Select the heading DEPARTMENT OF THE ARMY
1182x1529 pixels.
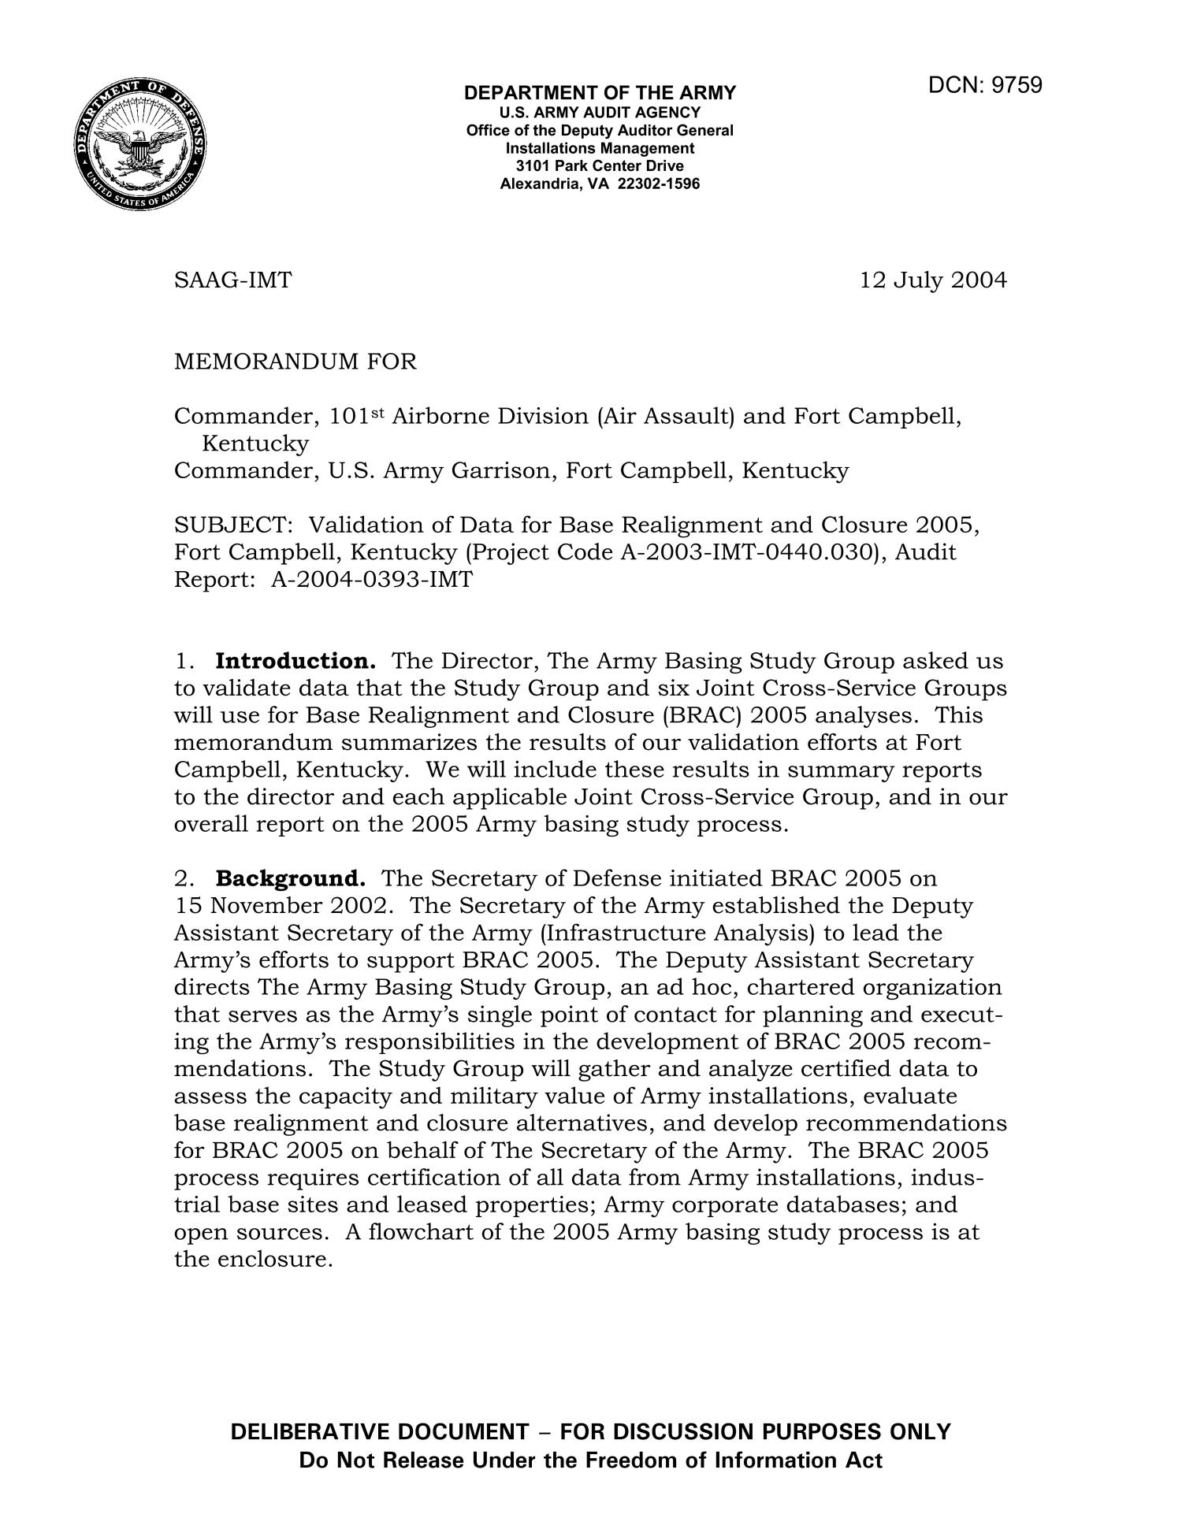tap(600, 94)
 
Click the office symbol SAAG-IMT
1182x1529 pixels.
tap(232, 280)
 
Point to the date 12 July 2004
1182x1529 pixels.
tap(933, 280)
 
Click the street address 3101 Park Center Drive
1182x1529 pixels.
tap(600, 166)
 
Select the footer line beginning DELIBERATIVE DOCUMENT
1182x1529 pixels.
tap(590, 1431)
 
